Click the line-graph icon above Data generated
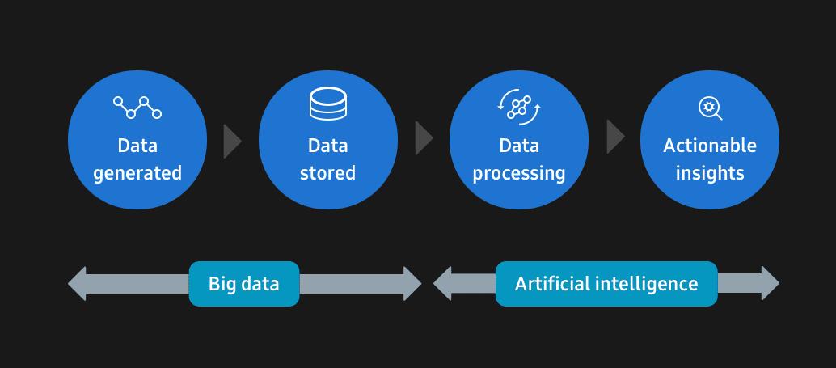pos(137,107)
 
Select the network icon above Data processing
pos(518,108)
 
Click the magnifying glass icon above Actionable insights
pos(710,108)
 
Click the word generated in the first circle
pos(137,173)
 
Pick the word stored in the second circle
pos(327,173)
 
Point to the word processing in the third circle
pos(519,173)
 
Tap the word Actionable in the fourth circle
pos(710,146)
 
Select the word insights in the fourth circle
pos(710,173)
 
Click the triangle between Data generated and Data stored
pos(231,139)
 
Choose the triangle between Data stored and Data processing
pos(423,138)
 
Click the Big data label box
pos(244,284)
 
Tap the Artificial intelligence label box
pos(606,284)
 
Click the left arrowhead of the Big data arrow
pos(78,284)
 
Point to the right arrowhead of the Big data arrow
pos(412,284)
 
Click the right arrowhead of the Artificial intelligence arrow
pos(769,284)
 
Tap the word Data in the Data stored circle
pos(327,146)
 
